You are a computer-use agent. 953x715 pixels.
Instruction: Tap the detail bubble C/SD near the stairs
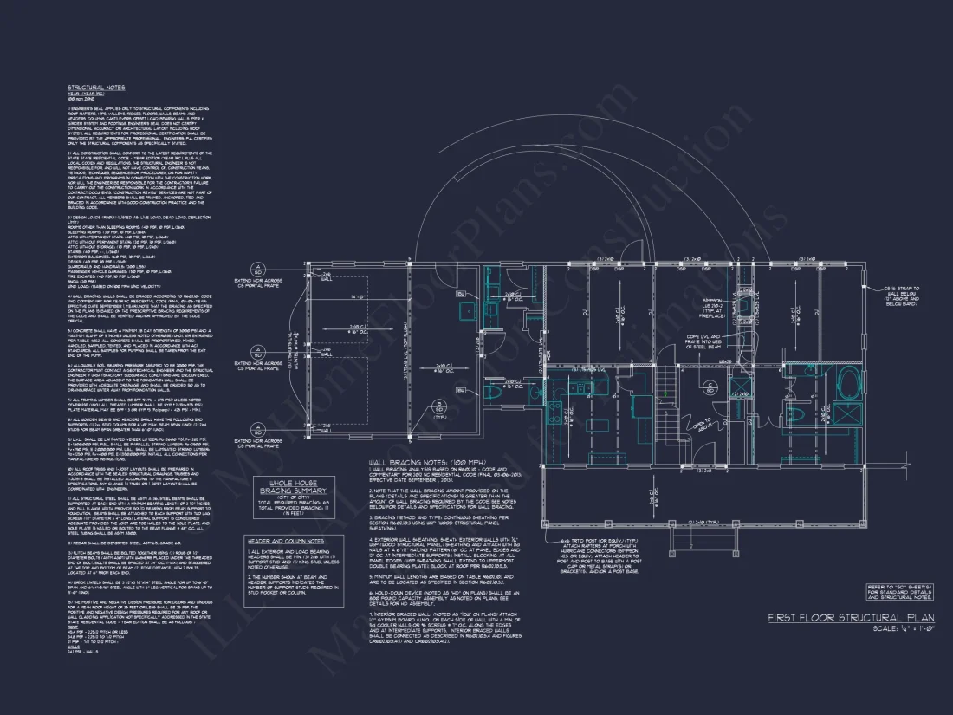[709, 387]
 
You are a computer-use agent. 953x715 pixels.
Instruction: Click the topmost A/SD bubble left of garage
[257, 267]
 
